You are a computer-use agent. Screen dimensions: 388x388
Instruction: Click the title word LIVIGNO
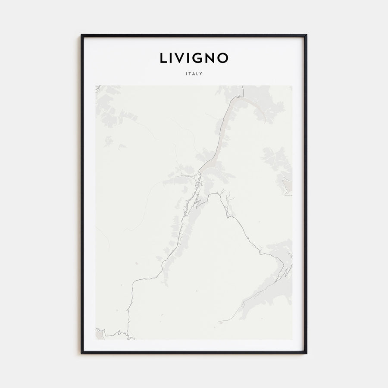[x=194, y=58]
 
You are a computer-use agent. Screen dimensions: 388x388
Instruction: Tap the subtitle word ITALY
[x=194, y=74]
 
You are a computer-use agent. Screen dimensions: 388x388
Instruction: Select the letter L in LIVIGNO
[x=163, y=58]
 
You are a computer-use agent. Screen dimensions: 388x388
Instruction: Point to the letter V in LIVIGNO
[x=181, y=58]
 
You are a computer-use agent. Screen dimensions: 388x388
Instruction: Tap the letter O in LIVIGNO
[x=223, y=58]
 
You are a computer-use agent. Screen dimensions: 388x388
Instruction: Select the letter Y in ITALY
[x=201, y=74]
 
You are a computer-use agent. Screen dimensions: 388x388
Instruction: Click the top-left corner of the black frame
[x=81, y=35]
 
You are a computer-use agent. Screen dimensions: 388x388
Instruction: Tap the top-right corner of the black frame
[x=307, y=35]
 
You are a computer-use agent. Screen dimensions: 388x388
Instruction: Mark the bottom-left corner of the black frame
[x=81, y=354]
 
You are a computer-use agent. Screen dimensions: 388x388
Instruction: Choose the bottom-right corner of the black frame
[x=307, y=354]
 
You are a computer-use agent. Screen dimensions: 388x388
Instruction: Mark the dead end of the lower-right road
[x=219, y=322]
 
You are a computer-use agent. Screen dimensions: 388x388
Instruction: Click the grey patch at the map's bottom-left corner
[x=100, y=334]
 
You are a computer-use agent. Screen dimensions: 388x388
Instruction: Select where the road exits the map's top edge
[x=243, y=86]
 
